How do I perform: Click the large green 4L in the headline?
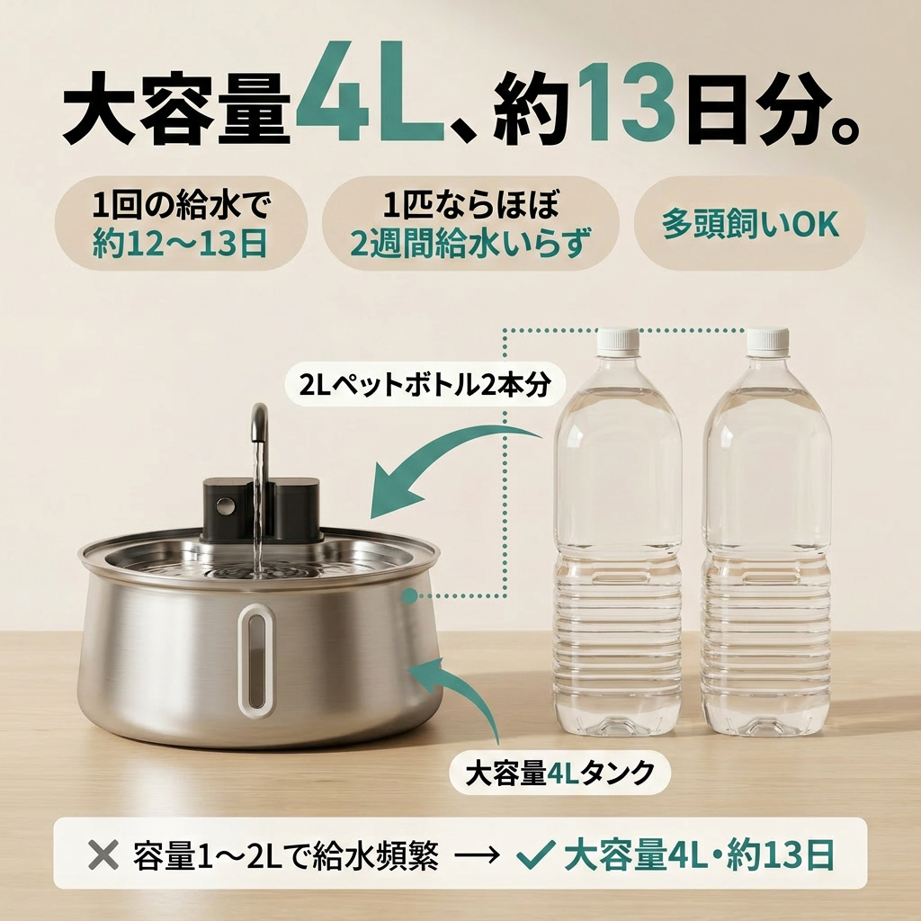(x=370, y=93)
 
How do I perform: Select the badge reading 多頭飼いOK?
(x=750, y=224)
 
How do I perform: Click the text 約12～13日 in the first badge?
(x=180, y=243)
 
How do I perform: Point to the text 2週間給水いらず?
(x=470, y=243)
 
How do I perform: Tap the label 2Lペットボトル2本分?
(x=425, y=386)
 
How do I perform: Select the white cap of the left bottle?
(x=618, y=342)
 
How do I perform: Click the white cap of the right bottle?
(x=768, y=342)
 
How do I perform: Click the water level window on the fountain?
(x=256, y=660)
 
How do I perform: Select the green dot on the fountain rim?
(x=409, y=595)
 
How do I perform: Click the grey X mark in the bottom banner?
(x=103, y=854)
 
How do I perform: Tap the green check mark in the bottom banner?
(x=536, y=854)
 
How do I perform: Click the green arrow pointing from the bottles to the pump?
(x=446, y=455)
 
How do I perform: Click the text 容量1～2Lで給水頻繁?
(x=285, y=854)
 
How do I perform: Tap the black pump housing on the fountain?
(x=262, y=509)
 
